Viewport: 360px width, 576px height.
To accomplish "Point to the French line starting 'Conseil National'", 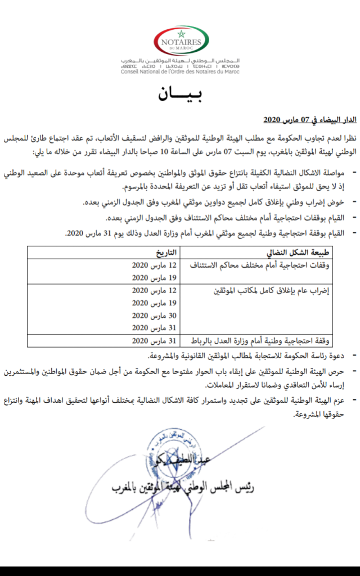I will click(181, 71).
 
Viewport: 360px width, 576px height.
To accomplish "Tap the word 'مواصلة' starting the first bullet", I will click(331, 170).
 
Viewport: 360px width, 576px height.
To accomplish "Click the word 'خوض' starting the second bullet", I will click(336, 202).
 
